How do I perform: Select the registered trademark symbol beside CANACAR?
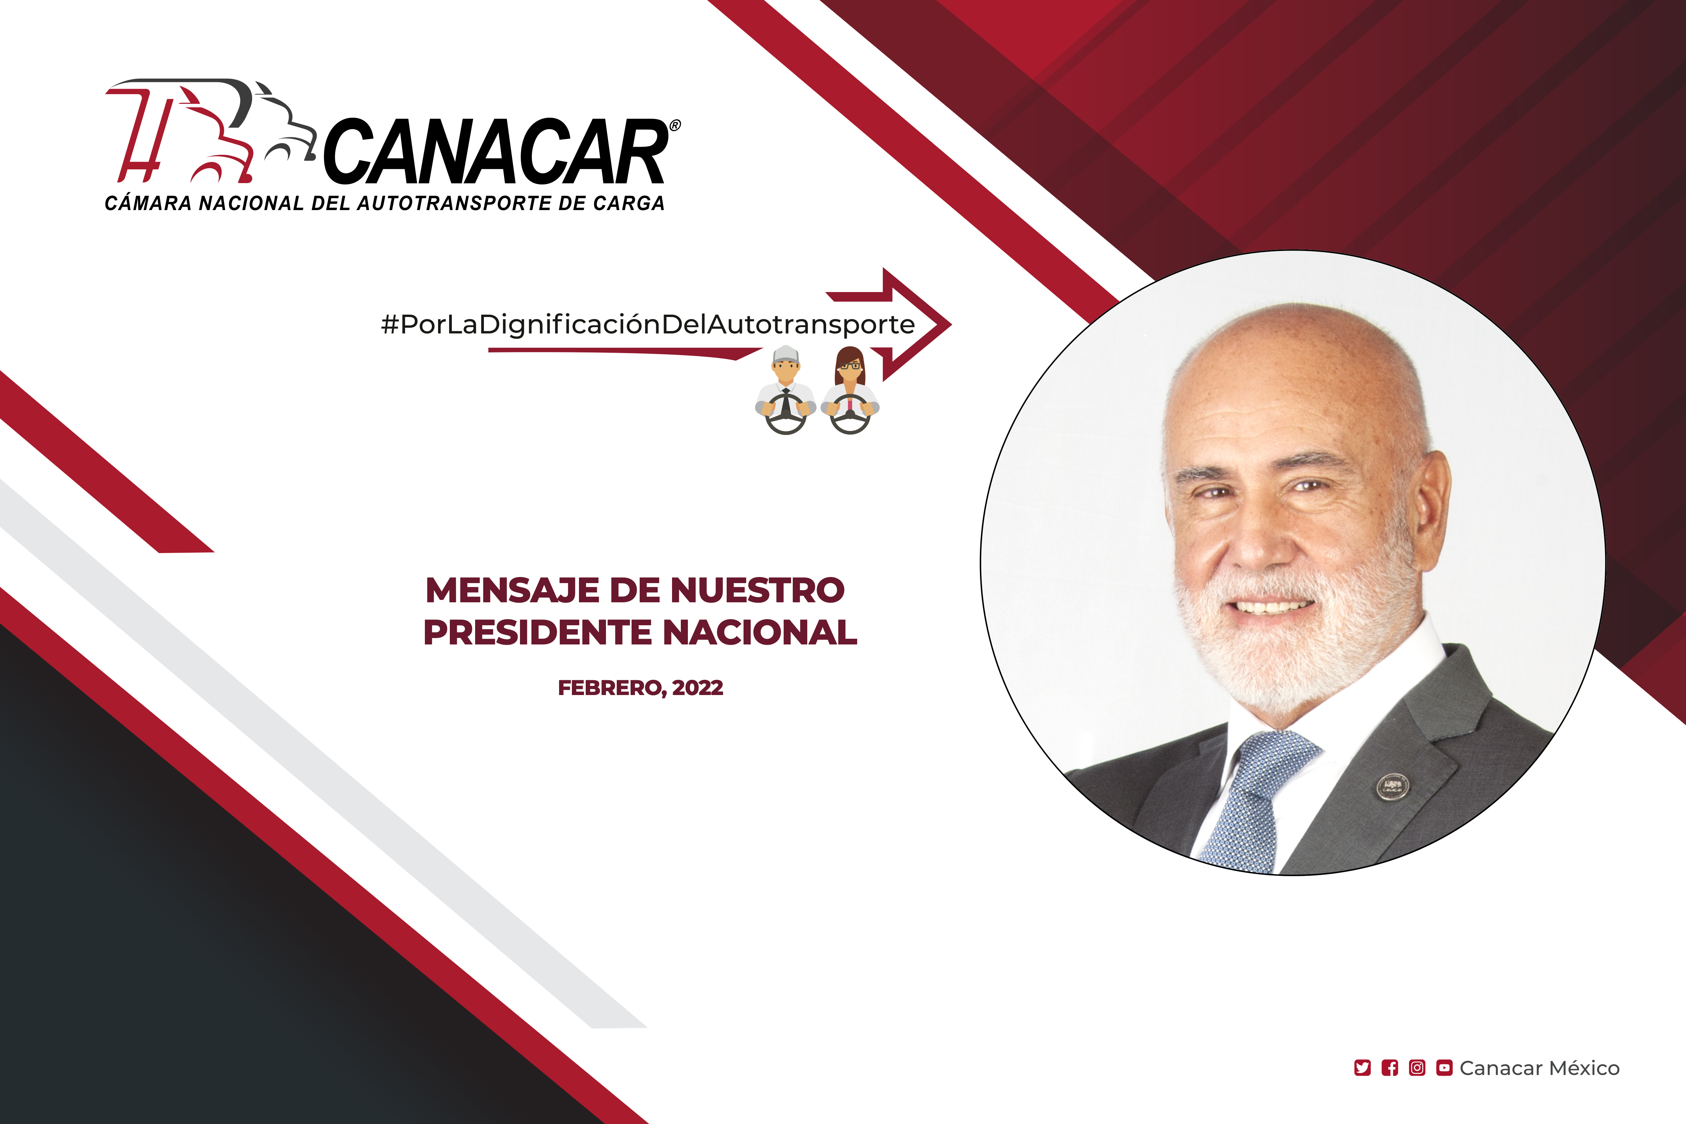point(674,125)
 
